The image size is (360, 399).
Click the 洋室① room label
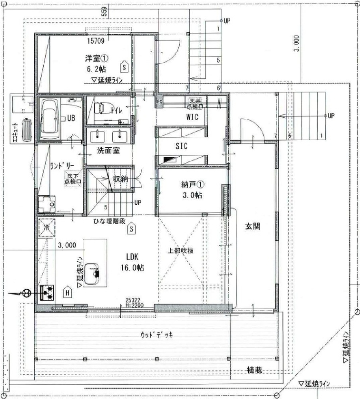[97, 58]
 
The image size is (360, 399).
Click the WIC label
[192, 117]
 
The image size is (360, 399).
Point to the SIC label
[181, 147]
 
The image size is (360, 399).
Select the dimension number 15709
[96, 41]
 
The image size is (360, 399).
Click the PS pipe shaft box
[160, 101]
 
